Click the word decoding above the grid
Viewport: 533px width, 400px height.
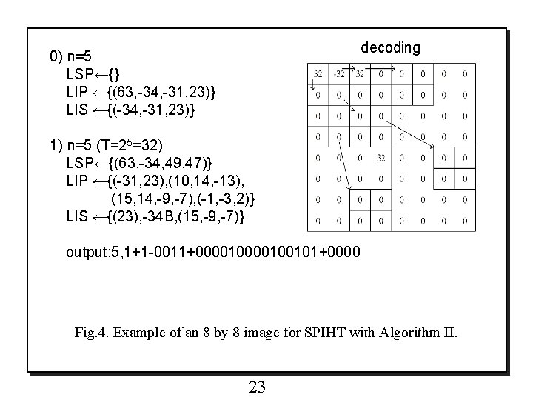tap(390, 47)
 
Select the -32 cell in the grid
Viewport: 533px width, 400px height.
tap(338, 73)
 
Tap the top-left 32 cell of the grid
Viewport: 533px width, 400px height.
tap(318, 73)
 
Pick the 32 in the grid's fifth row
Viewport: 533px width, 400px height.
tap(381, 157)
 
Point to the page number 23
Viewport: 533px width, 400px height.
tap(258, 387)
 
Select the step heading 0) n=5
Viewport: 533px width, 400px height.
tap(70, 56)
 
